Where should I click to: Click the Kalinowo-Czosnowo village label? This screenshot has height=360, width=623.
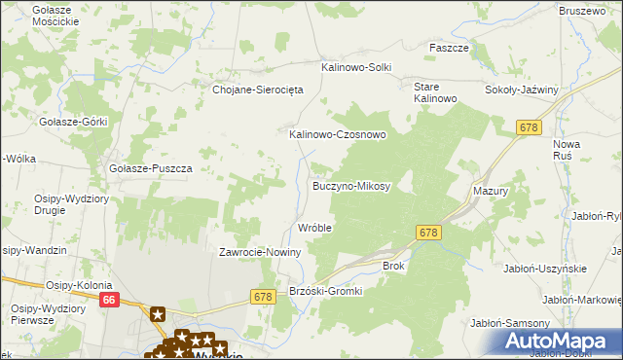click(338, 134)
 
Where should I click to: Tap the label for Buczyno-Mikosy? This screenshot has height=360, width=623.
click(350, 185)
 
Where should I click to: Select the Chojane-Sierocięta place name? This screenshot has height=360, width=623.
click(259, 89)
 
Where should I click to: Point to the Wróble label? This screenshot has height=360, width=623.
click(314, 228)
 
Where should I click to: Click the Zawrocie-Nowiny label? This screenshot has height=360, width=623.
click(260, 252)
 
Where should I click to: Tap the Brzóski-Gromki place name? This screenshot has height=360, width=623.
click(326, 291)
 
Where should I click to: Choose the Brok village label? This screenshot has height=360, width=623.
click(393, 265)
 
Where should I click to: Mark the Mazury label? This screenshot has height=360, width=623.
click(491, 192)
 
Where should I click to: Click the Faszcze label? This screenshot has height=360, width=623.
click(450, 48)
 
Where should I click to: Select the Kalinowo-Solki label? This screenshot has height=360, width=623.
click(356, 67)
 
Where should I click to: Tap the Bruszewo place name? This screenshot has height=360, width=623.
click(582, 10)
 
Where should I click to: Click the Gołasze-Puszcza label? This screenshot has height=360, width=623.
click(151, 167)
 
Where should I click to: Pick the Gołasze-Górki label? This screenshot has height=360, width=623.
click(72, 122)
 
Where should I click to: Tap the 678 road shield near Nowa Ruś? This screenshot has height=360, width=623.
click(530, 127)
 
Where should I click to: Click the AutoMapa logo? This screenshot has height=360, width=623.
click(558, 342)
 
